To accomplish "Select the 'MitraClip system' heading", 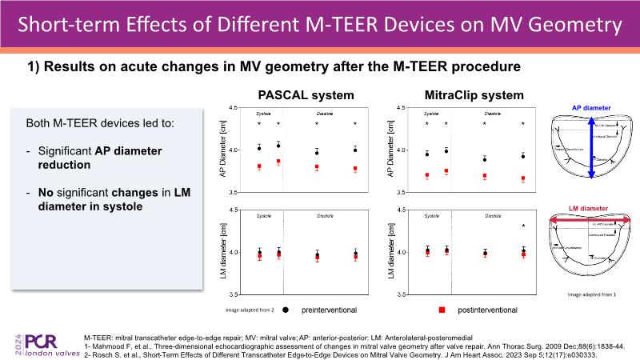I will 474,95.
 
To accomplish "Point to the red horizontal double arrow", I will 592,221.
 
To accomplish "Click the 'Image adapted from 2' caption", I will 251,308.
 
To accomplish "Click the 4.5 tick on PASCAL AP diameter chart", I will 233,107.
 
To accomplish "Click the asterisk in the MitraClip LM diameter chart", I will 523,226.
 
